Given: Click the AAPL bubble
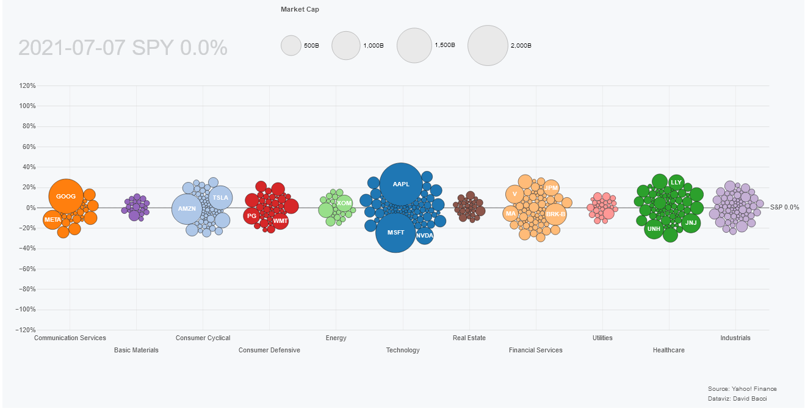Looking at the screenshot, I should pos(401,184).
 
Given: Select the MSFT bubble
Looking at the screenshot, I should pos(395,233).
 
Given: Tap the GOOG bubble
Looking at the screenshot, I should pos(66,196).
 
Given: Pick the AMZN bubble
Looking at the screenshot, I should pos(187,209).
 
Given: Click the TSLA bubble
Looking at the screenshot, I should pos(220,198).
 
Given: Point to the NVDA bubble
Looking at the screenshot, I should pos(424,235).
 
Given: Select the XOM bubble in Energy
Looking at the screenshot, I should pos(344,203).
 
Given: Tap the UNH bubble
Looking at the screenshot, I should pos(654,229).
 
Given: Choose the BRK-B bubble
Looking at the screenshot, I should pos(555,214).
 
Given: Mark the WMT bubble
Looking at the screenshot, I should pos(280,220).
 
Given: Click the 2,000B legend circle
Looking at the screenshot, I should pos(488,45).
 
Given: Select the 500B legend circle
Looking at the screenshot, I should pos(291,45).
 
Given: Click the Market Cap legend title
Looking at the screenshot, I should pos(300,9).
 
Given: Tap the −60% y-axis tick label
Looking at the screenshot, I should pos(26,269).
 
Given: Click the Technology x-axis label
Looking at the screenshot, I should pos(403,350).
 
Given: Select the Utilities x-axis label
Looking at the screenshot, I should pos(602,338).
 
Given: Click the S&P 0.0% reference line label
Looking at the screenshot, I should pos(784,208).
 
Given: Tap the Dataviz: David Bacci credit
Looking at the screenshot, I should pos(737,399).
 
